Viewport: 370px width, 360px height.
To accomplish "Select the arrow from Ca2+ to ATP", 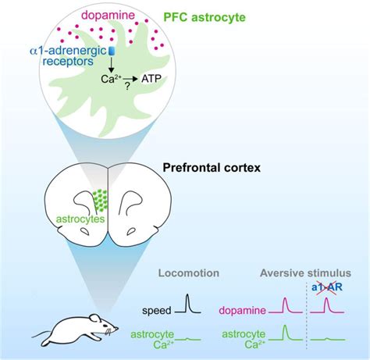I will (x=138, y=79).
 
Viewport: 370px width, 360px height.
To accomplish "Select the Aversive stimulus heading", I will (x=304, y=274).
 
